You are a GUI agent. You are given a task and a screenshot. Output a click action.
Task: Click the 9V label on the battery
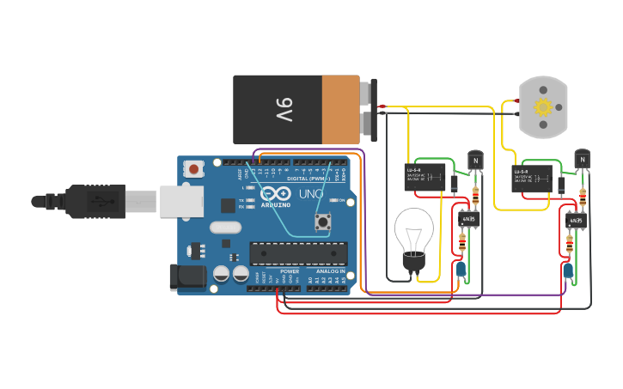pos(284,109)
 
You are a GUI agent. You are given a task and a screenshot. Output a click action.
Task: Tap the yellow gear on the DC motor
pos(542,107)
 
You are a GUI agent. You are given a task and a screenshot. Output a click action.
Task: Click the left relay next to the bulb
pos(424,176)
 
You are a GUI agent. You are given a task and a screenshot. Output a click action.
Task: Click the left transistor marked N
pos(474,160)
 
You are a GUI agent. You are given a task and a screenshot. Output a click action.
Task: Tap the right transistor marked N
pos(583,159)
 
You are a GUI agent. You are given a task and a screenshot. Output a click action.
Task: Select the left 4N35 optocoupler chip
pos(467,219)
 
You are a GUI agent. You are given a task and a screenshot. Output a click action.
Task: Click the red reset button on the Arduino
pos(195,169)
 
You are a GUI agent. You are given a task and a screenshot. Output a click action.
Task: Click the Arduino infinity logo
pos(274,193)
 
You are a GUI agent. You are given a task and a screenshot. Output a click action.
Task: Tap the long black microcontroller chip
pos(298,253)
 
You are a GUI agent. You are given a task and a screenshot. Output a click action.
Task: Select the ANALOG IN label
pos(330,271)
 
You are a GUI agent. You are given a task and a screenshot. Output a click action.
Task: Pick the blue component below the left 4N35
pos(461,270)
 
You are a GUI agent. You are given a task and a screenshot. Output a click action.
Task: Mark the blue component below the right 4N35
pos(568,271)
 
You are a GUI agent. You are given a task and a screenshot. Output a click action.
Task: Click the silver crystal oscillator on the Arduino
pos(225,228)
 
